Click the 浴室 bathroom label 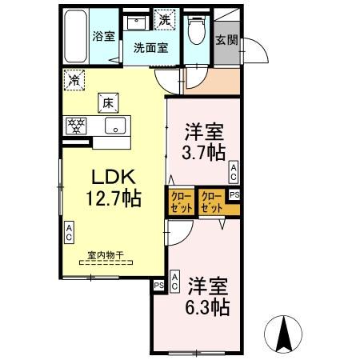point(104,35)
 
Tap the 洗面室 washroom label point(150,47)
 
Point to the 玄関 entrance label point(226,40)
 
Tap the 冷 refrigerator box point(74,79)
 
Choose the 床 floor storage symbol point(108,102)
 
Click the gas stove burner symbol point(78,125)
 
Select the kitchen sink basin point(114,126)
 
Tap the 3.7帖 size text point(204,151)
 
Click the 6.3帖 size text point(209,306)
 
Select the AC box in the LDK point(69,233)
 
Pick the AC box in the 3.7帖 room point(234,170)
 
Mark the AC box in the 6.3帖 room point(174,280)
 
